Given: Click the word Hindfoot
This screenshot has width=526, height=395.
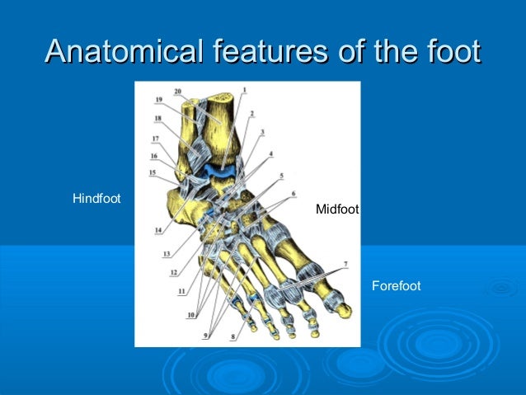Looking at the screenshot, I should tap(96, 199).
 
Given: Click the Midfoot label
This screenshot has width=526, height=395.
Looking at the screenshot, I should tap(337, 210).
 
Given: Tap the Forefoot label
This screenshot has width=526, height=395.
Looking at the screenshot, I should tap(396, 286).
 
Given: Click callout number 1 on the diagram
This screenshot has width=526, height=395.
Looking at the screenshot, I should tap(244, 89).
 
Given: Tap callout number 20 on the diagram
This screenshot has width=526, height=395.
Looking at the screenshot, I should tap(178, 91).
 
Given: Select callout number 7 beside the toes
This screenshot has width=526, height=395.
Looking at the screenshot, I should tap(345, 264).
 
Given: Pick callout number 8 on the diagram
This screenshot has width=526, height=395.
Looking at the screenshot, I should tap(233, 336).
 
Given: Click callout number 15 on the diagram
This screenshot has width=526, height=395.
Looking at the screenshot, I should tap(152, 172).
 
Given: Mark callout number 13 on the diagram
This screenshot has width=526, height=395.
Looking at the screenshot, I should tap(166, 253).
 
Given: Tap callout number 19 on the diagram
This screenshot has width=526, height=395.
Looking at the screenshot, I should tap(159, 100).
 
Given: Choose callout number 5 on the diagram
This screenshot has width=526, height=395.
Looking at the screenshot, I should tap(282, 175).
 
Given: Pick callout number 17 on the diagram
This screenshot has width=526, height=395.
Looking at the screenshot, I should tap(155, 139).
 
